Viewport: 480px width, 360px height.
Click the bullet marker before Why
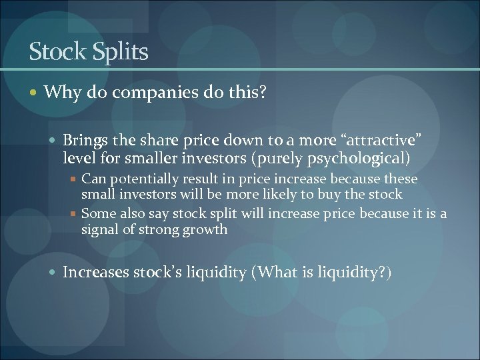point(35,92)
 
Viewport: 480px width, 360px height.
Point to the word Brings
point(83,140)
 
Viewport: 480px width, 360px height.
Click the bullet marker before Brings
point(55,141)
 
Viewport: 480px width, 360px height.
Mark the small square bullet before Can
point(75,179)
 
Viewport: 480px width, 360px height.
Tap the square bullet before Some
point(75,213)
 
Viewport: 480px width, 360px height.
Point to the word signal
point(99,229)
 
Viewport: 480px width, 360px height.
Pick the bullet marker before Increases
point(55,273)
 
